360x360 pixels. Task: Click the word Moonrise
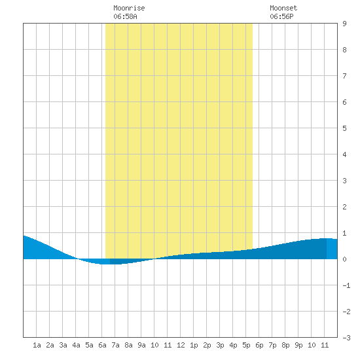(129, 8)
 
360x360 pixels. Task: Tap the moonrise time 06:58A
(125, 16)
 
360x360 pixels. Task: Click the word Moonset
(283, 8)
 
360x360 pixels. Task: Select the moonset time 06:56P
(281, 16)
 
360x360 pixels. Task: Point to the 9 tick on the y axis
(344, 24)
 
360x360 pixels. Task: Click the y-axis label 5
(344, 128)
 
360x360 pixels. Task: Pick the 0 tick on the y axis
(344, 259)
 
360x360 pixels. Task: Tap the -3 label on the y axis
(346, 338)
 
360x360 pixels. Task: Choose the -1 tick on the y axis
(346, 285)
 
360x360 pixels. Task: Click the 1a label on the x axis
(37, 345)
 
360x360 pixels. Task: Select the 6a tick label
(102, 345)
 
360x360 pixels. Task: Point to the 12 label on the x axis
(181, 345)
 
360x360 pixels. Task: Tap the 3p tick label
(220, 345)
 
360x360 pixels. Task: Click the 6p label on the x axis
(259, 345)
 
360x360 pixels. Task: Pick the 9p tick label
(298, 345)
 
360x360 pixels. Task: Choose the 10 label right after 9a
(154, 345)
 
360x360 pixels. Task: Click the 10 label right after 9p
(312, 345)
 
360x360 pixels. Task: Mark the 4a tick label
(76, 345)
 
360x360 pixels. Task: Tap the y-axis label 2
(344, 207)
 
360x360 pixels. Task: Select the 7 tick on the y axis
(344, 76)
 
